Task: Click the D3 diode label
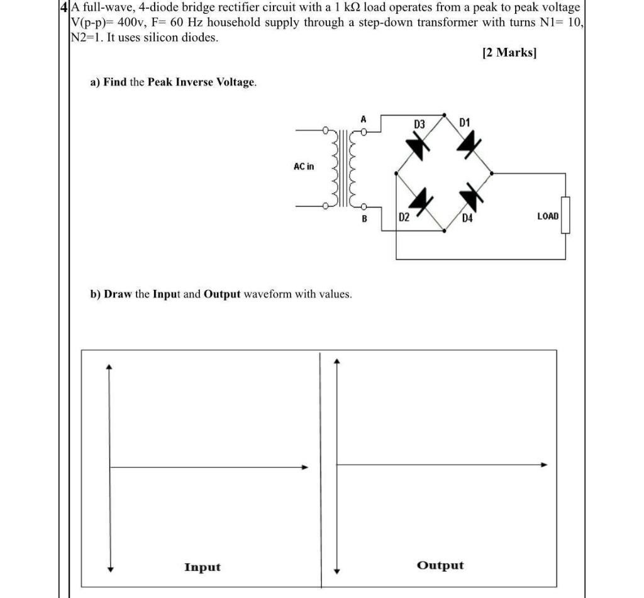coord(419,125)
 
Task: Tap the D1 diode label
coord(465,121)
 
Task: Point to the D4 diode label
coord(467,218)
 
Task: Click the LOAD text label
coord(547,216)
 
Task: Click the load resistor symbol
coord(565,215)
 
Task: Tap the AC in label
coord(304,167)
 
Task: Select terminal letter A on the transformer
coord(363,119)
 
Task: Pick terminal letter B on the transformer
coord(364,219)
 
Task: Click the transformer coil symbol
coord(343,169)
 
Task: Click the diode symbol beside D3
coord(418,146)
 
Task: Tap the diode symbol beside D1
coord(468,145)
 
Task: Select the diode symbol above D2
coord(418,199)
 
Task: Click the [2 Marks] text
coord(509,53)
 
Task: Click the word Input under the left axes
coord(202,567)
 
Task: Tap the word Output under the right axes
coord(440,565)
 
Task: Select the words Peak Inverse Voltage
coord(201,82)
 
